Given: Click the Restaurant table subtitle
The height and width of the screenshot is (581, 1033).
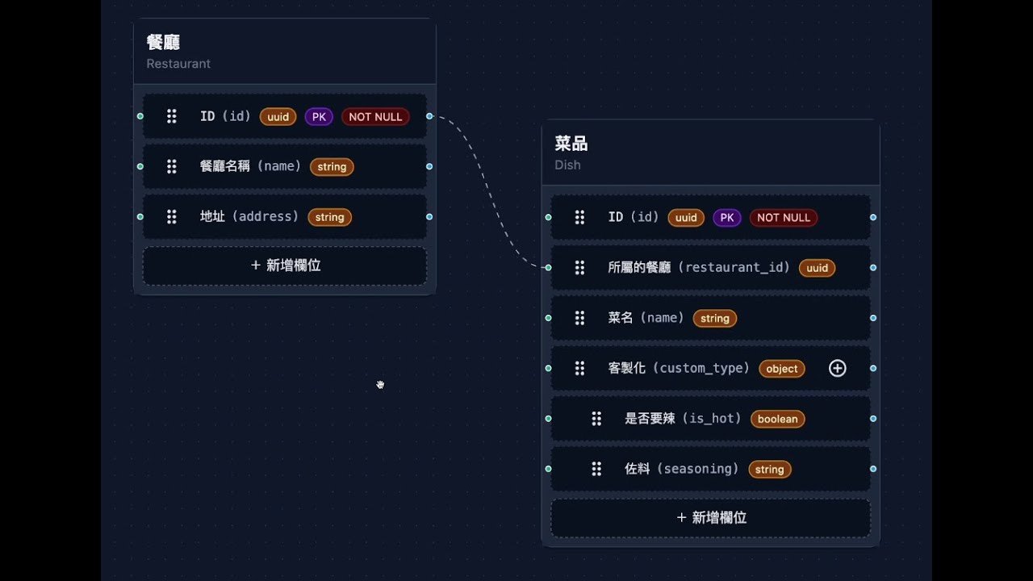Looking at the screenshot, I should point(178,64).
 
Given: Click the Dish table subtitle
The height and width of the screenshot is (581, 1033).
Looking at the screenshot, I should point(567,165).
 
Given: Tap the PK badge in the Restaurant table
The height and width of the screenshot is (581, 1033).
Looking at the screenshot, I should point(319,117).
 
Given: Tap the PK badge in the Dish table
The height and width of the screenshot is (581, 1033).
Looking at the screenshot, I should point(727,218).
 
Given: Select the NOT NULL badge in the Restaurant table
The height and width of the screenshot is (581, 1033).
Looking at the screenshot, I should point(375,117).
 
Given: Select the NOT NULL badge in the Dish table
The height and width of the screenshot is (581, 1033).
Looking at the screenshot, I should point(784,218).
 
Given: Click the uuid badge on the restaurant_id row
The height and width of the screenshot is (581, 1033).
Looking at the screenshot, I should point(817,268).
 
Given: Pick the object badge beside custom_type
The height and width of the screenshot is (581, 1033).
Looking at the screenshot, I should point(782,369).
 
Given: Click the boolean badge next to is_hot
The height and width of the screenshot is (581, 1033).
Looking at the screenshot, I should point(777,419).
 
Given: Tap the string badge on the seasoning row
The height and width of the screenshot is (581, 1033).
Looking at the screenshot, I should point(769,470).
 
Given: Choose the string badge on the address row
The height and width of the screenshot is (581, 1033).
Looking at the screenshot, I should point(329,217).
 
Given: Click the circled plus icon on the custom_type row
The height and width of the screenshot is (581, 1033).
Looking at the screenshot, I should point(838,369).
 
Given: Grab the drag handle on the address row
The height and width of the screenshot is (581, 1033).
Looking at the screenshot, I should point(172,217).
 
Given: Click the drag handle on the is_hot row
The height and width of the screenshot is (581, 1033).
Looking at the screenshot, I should point(596,419).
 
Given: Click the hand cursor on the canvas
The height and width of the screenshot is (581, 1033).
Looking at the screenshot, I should point(380,385).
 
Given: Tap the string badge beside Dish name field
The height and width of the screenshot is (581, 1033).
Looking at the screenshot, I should point(714,319).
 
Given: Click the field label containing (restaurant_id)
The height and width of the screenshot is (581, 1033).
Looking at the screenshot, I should point(699,268).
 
